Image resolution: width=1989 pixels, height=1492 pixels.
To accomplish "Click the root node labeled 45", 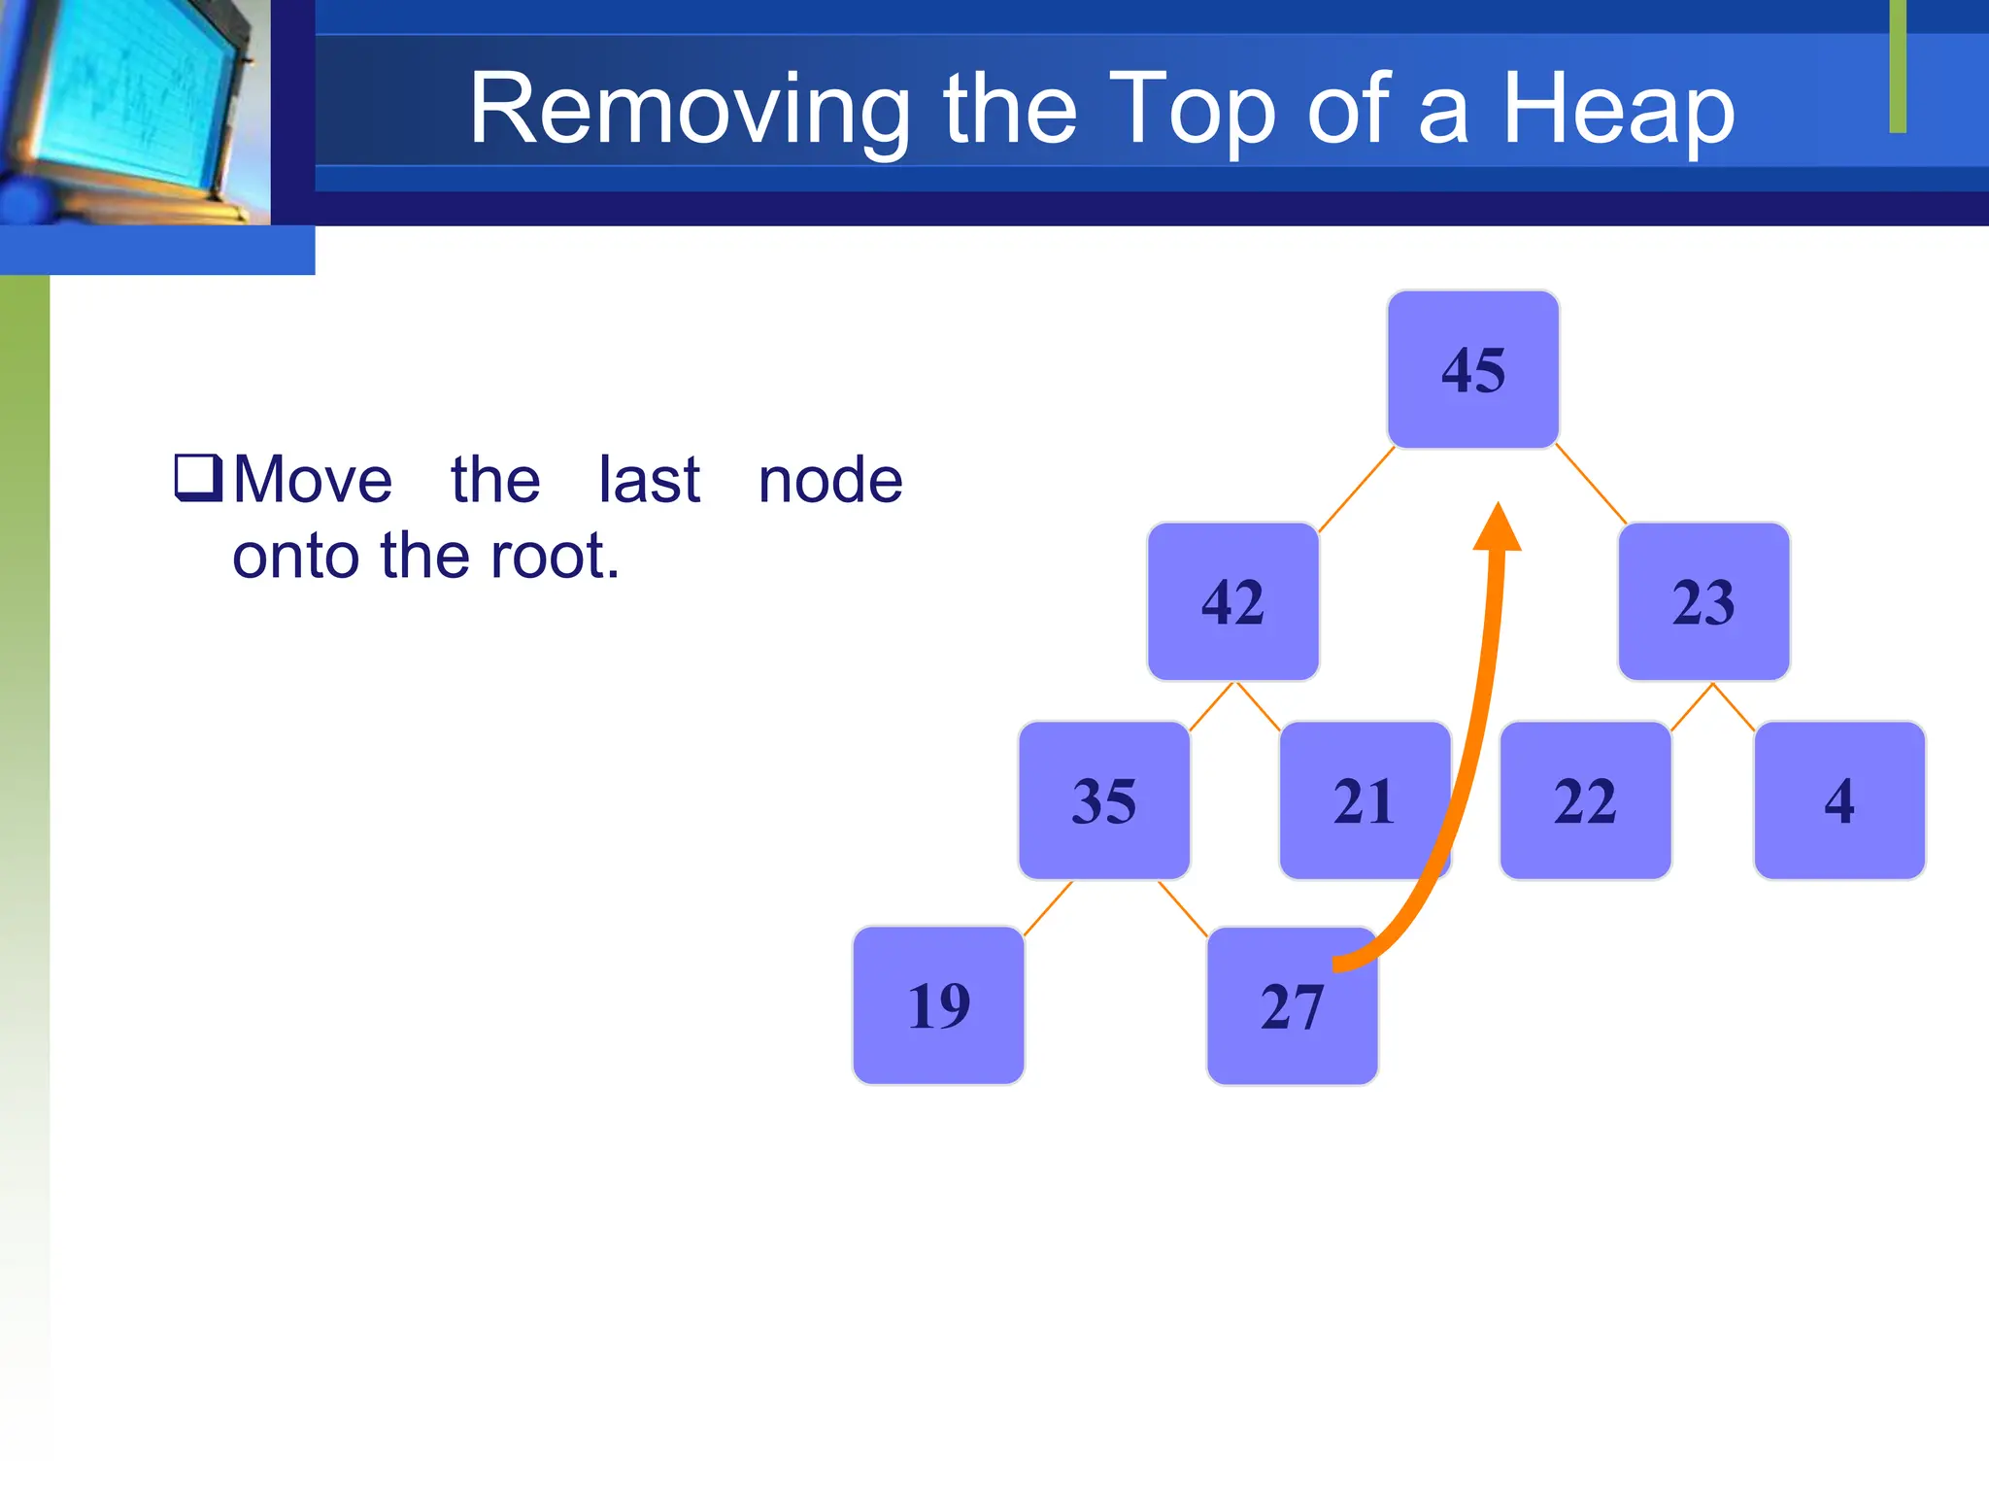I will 1472,369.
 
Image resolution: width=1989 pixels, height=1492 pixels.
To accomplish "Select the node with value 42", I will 1232,601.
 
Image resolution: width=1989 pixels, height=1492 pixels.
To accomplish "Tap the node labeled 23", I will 1703,601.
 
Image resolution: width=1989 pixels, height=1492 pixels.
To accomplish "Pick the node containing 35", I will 1103,800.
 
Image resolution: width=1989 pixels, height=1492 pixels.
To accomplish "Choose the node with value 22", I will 1585,800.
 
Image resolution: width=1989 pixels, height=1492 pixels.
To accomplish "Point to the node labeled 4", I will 1838,800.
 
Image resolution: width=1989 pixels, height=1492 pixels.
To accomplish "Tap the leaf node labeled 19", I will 938,1004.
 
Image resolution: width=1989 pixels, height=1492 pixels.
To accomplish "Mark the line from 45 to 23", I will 1591,484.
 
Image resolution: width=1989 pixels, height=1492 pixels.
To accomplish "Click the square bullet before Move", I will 198,477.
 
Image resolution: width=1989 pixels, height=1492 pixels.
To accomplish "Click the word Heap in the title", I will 1618,110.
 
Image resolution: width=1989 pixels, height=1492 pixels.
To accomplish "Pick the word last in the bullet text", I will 649,480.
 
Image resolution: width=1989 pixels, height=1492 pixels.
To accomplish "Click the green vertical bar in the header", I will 1898,66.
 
